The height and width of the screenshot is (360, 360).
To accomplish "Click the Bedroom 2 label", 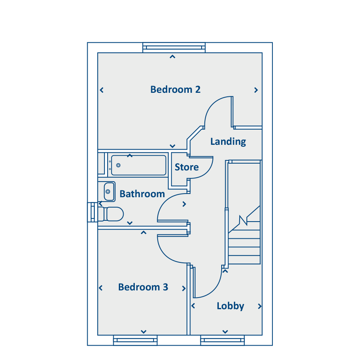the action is pos(175,90).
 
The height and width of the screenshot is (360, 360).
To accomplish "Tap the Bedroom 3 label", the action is pos(143,287).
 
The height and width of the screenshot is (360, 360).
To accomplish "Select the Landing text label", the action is pos(228,142).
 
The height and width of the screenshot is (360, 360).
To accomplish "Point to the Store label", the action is pos(187,167).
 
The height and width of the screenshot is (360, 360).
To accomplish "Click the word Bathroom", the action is pos(142,194).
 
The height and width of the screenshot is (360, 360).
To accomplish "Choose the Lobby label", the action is pos(230,306).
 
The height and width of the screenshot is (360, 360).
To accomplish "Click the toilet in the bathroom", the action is pos(111,214).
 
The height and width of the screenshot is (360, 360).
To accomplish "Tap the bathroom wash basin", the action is pos(109,192).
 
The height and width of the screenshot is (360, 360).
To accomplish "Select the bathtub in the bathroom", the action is pos(138,165).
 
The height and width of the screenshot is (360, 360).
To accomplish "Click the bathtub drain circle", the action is pos(118,165).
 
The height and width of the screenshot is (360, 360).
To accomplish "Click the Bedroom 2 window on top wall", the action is pos(174,48).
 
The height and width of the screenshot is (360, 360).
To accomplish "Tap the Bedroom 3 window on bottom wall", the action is pos(135,340).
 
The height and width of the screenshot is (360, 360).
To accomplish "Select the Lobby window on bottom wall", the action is pos(222,340).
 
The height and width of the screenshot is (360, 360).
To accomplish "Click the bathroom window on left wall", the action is pos(92,212).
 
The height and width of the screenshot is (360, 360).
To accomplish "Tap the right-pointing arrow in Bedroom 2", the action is pos(256,90).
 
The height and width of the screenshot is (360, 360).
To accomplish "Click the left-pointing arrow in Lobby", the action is pos(193,306).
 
